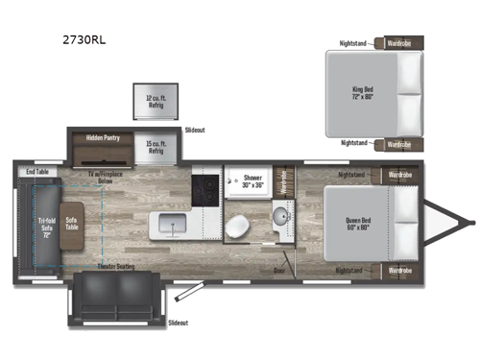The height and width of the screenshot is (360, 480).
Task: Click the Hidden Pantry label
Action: (x=104, y=137)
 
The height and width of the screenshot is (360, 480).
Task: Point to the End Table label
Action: (x=37, y=172)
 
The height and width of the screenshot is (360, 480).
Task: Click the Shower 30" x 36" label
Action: (x=252, y=181)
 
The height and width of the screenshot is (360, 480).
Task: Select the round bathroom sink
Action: (x=279, y=215)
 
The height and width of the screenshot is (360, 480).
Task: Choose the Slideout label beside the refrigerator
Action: (x=195, y=129)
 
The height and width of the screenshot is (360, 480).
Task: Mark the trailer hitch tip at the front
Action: (x=470, y=223)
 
